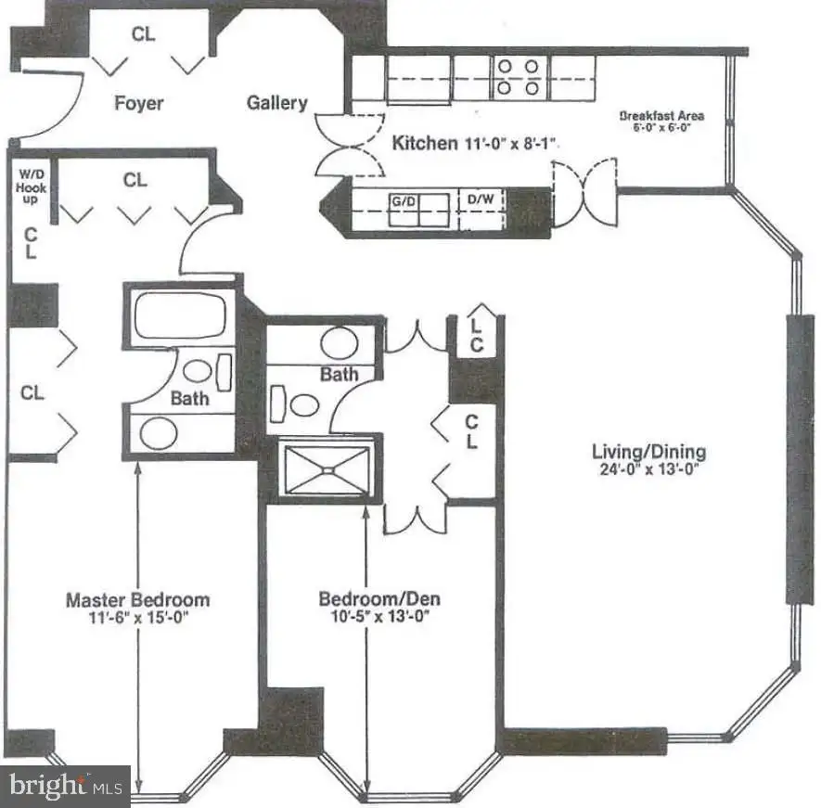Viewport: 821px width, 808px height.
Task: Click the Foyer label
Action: [x=139, y=103]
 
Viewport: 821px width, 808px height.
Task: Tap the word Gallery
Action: [x=277, y=103]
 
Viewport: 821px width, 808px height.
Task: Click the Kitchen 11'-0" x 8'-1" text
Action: [x=474, y=143]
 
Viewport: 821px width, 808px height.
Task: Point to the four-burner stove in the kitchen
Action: [x=518, y=78]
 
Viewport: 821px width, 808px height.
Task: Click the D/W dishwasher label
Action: [x=481, y=199]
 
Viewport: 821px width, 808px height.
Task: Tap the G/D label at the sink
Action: [x=404, y=201]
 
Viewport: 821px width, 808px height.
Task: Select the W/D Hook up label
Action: [x=31, y=186]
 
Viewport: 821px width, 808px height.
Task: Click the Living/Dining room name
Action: [x=648, y=452]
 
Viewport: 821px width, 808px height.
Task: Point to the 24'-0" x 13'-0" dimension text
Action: [x=649, y=468]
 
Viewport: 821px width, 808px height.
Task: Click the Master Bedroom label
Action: [x=137, y=599]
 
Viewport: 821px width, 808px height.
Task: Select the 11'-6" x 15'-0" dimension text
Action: [x=138, y=618]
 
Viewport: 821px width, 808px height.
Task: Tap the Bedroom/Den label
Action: [x=379, y=598]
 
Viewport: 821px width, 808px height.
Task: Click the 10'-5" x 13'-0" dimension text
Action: [x=380, y=616]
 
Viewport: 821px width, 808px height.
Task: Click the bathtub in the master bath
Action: [x=180, y=315]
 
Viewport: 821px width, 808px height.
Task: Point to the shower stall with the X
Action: [x=327, y=470]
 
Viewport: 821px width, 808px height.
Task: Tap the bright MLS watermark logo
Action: [x=65, y=786]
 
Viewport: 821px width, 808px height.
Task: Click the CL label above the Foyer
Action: [x=143, y=34]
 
